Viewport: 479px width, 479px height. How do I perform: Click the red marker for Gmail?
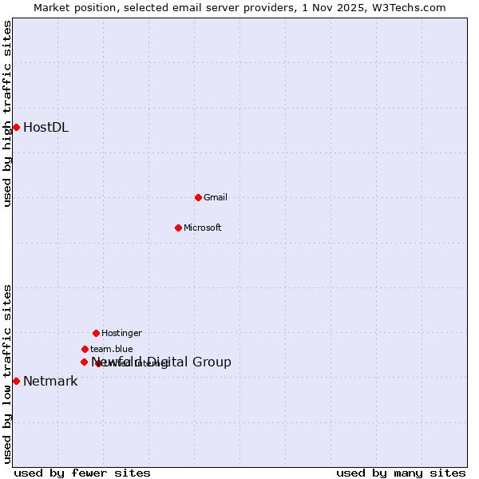198,197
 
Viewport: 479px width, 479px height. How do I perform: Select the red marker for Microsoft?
178,228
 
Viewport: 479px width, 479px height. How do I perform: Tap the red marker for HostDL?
16,127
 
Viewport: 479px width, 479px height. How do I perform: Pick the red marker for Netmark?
16,381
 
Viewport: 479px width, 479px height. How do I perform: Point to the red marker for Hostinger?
96,333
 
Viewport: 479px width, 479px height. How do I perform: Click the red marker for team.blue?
85,349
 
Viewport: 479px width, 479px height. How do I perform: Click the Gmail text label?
216,197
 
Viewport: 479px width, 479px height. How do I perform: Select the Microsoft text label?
203,228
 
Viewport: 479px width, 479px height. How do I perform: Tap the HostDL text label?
46,127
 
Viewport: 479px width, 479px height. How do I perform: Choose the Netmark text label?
50,381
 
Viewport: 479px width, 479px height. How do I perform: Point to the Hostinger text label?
121,333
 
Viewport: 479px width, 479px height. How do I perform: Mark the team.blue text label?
112,349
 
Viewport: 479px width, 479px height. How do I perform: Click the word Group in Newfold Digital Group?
212,362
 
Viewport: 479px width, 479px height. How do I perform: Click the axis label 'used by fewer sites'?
82,473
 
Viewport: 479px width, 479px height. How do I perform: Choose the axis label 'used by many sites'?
401,473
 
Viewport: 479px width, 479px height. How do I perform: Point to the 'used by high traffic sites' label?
7,113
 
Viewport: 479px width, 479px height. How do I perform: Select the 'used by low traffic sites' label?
7,373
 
